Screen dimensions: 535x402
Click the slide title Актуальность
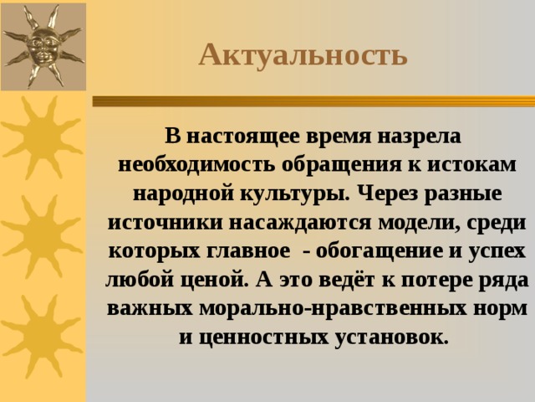tap(303, 55)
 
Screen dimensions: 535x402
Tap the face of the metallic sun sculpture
tap(43, 45)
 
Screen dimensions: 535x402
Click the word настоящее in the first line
tap(243, 137)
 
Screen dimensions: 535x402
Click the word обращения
tap(342, 166)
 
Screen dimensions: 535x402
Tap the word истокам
tap(471, 165)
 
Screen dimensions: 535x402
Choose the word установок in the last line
tap(391, 338)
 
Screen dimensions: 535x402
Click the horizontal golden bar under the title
tap(313, 100)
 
